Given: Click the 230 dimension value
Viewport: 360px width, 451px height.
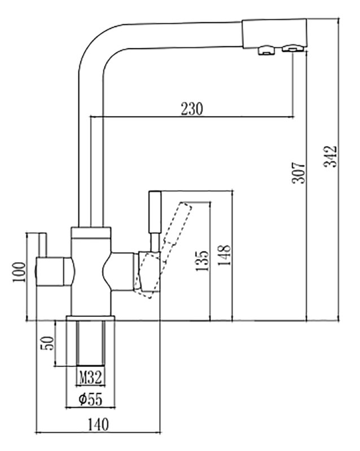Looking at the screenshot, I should [x=192, y=109].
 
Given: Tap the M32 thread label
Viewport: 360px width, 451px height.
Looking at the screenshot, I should [x=90, y=375].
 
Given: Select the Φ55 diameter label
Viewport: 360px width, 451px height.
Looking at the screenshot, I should [x=90, y=399].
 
